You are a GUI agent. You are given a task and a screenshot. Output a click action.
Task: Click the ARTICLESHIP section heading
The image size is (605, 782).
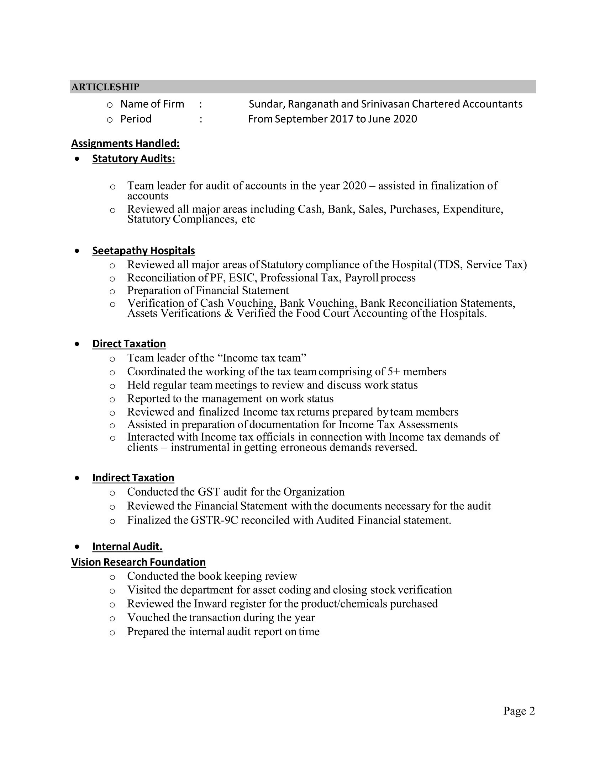[x=105, y=87]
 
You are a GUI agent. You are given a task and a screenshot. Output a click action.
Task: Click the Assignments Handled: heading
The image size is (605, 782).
[x=125, y=143]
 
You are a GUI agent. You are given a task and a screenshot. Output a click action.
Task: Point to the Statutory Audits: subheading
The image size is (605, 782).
[x=134, y=158]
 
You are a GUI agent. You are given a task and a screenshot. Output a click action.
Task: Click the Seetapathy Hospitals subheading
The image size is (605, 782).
[x=143, y=250]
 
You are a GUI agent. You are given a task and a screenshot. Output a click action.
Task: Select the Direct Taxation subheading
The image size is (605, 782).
[x=129, y=343]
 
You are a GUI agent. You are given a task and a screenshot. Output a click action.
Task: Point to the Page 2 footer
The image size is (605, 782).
[x=519, y=711]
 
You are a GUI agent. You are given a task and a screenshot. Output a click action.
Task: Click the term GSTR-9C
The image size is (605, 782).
[x=214, y=520]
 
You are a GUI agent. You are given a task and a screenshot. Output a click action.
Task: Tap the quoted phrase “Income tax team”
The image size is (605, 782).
[x=262, y=358]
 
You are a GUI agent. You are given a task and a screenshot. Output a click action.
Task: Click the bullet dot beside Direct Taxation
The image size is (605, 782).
[x=77, y=344]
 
